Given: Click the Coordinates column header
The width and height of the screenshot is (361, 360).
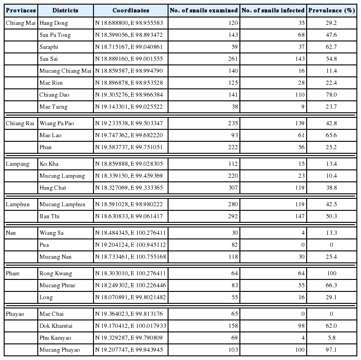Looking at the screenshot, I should (130, 10).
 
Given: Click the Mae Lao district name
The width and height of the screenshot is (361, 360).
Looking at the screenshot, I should (50, 135).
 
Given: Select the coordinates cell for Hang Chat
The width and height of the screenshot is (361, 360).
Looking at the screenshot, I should (128, 188).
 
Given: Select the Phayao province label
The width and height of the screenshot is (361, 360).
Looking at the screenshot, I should (16, 314).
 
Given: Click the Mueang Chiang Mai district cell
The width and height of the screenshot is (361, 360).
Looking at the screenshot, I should (65, 71).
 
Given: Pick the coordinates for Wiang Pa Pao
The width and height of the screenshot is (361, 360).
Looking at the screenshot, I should (128, 123).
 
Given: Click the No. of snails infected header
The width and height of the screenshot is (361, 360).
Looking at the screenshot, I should (273, 10).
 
